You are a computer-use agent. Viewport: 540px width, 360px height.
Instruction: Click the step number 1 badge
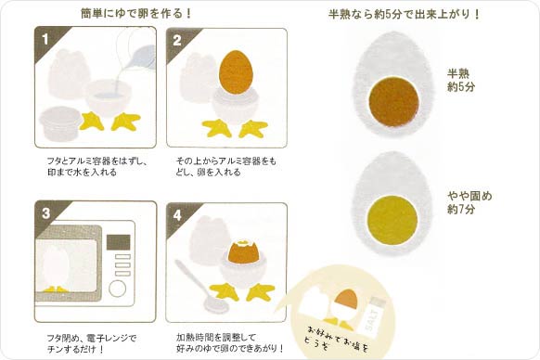pyautogui.click(x=45, y=39)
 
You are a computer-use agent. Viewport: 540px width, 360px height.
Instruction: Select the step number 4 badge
pyautogui.click(x=177, y=215)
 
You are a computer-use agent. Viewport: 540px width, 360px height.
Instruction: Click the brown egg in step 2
pyautogui.click(x=236, y=72)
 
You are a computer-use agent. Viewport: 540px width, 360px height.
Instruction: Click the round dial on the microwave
pyautogui.click(x=118, y=289)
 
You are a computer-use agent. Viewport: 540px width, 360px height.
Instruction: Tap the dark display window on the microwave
pyautogui.click(x=119, y=242)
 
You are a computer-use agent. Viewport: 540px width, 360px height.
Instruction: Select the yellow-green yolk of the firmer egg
pyautogui.click(x=392, y=221)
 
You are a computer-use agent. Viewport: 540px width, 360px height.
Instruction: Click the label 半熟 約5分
pyautogui.click(x=461, y=80)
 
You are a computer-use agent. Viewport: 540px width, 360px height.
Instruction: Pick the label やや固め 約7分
pyautogui.click(x=469, y=202)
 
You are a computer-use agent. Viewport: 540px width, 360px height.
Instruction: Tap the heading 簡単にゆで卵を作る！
pyautogui.click(x=136, y=13)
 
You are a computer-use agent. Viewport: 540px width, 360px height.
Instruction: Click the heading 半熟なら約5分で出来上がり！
pyautogui.click(x=405, y=14)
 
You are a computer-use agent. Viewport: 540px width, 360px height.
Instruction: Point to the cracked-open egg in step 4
pyautogui.click(x=243, y=251)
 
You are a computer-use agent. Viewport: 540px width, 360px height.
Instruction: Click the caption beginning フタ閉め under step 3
pyautogui.click(x=91, y=343)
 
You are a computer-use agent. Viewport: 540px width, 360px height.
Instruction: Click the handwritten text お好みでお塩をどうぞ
pyautogui.click(x=336, y=339)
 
